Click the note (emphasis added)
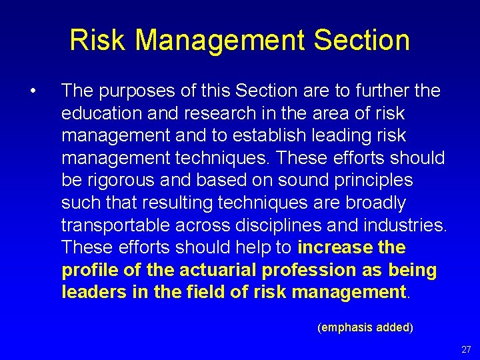[x=365, y=327]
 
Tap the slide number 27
[x=466, y=349]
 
